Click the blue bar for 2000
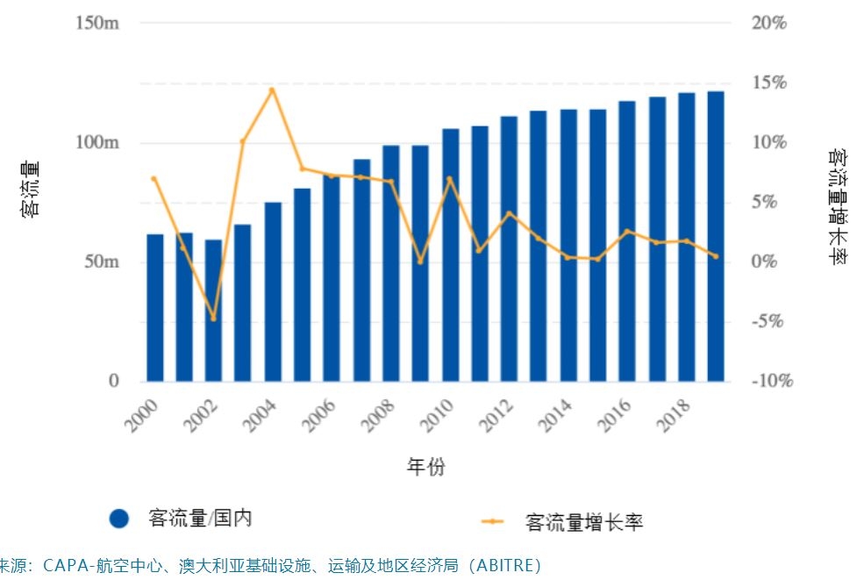154,307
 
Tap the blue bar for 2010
450,254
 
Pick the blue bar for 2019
716,236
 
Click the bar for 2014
568,245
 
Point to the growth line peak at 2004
272,90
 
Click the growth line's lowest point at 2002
213,318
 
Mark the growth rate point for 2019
716,256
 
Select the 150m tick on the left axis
97,23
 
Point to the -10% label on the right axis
772,381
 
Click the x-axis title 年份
425,467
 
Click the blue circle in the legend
120,519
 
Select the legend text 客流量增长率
584,522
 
